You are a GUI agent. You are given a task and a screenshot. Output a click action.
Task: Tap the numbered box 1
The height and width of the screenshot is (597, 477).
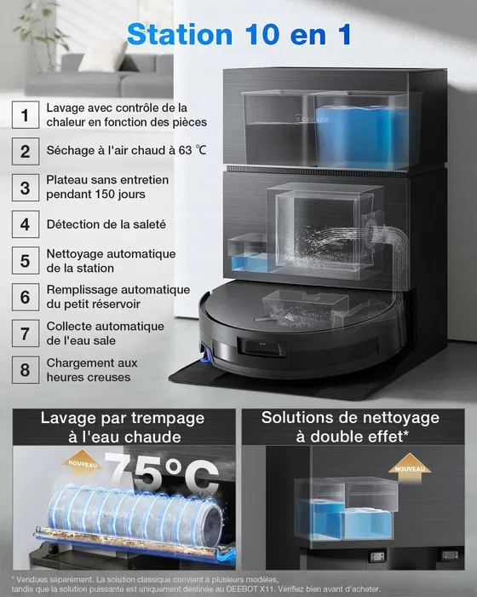pyautogui.click(x=26, y=114)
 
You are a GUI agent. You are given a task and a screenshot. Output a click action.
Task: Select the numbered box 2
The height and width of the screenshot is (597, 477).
pyautogui.click(x=26, y=151)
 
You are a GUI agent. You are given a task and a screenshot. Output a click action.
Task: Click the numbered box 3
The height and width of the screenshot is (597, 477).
pyautogui.click(x=26, y=188)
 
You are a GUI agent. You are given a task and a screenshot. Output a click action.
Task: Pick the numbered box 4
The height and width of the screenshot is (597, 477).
pyautogui.click(x=26, y=224)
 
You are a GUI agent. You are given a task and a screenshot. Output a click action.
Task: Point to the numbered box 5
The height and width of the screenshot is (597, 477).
pyautogui.click(x=26, y=261)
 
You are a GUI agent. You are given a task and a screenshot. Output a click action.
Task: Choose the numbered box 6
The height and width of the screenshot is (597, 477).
pyautogui.click(x=26, y=298)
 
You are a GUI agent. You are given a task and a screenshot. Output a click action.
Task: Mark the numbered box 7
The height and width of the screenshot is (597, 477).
pyautogui.click(x=26, y=333)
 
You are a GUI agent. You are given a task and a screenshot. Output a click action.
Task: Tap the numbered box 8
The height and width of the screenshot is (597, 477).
pyautogui.click(x=26, y=370)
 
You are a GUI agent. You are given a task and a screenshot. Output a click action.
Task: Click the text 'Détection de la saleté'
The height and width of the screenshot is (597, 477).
pyautogui.click(x=106, y=224)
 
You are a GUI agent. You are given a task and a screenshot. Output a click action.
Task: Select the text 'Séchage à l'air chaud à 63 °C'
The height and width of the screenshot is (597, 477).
pyautogui.click(x=125, y=151)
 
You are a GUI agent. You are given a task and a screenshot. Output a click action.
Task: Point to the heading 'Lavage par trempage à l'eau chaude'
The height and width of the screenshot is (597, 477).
pyautogui.click(x=118, y=427)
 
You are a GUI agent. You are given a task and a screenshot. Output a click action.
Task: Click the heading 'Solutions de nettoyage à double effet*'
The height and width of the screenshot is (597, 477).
pyautogui.click(x=350, y=427)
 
